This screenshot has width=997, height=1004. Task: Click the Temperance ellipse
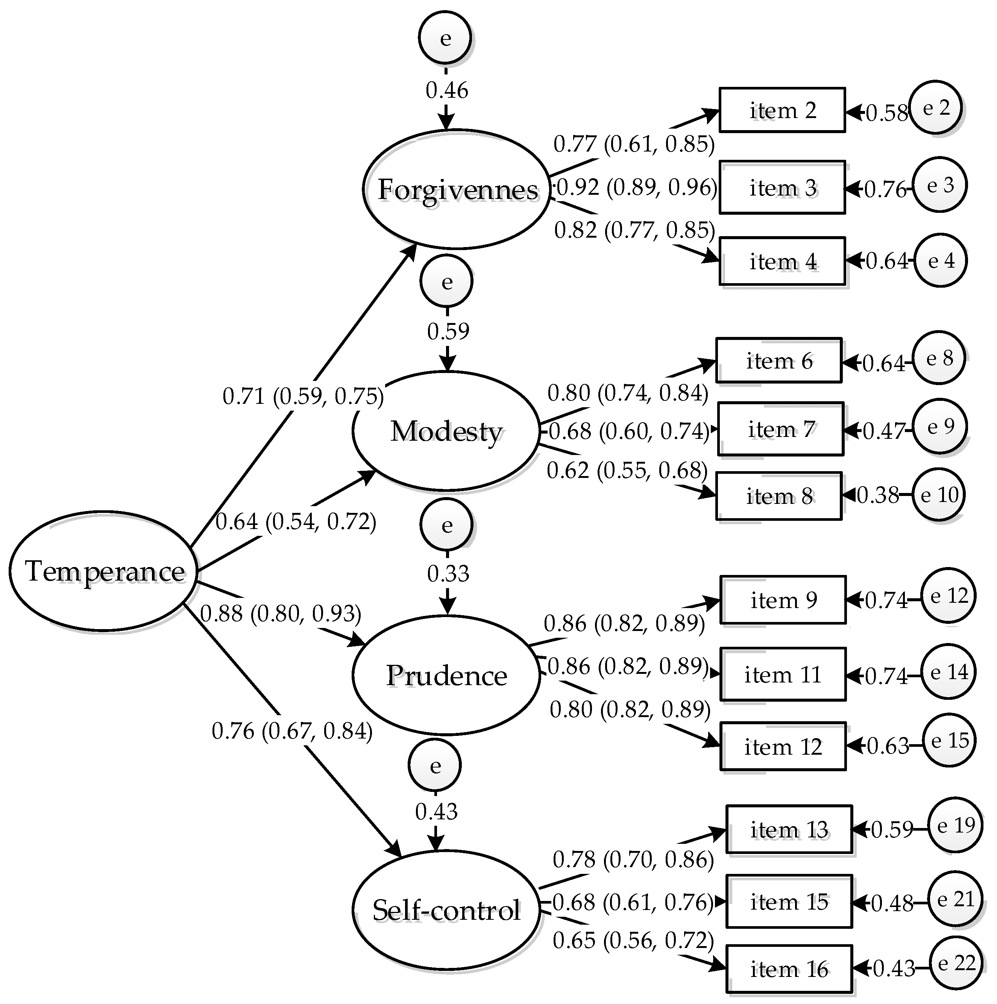pos(104,571)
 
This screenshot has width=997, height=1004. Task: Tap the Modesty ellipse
pos(446,431)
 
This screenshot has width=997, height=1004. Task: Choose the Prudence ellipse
pos(446,675)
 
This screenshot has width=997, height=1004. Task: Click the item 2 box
pos(782,110)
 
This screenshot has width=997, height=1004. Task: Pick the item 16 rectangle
pos(789,969)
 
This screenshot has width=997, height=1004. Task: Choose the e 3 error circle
pos(940,185)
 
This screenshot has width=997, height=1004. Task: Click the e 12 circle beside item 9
pos(948,596)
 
